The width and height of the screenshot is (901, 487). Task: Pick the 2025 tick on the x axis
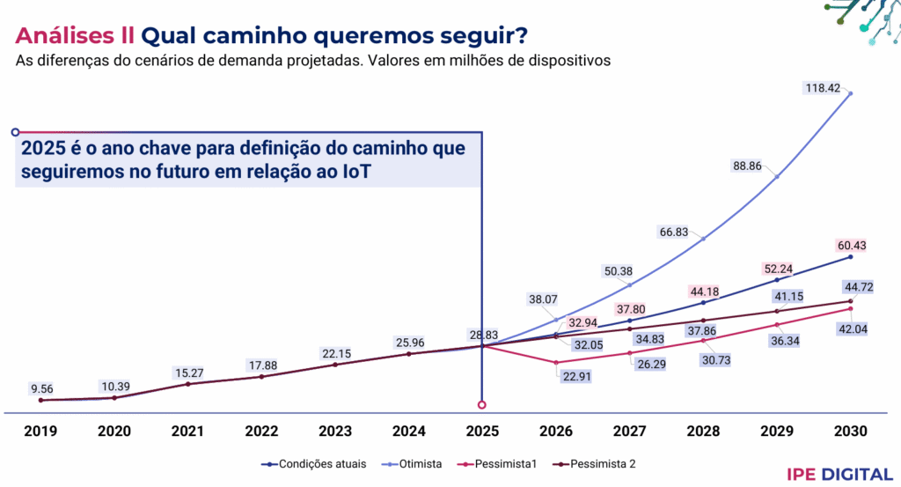pyautogui.click(x=481, y=432)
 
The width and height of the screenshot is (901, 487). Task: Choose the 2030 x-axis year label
pyautogui.click(x=849, y=432)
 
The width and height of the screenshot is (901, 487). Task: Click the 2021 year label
pyautogui.click(x=187, y=432)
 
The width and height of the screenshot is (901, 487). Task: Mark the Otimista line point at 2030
pyautogui.click(x=851, y=92)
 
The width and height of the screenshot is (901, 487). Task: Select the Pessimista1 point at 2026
pyautogui.click(x=555, y=363)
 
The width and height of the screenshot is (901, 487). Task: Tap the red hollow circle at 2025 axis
pyautogui.click(x=481, y=405)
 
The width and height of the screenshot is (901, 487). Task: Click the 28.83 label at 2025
pyautogui.click(x=486, y=336)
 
